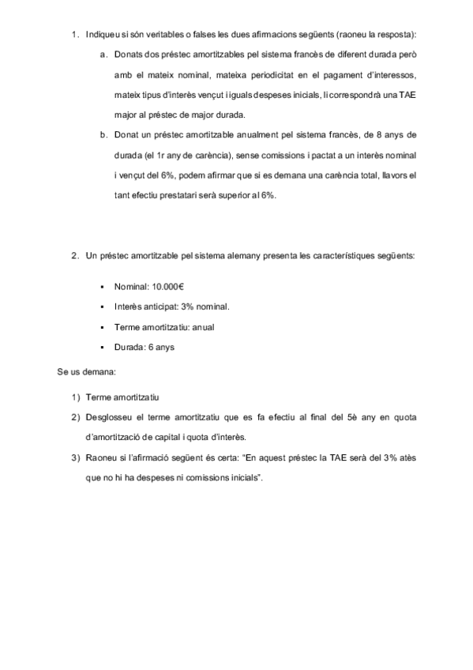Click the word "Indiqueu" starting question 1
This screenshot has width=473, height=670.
(103, 35)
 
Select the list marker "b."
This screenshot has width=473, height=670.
(104, 134)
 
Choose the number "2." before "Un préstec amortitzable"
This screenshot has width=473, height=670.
(75, 255)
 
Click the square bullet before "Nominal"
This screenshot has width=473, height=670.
(103, 285)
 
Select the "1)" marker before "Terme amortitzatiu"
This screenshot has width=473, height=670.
(76, 397)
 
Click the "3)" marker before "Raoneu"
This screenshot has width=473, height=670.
(76, 457)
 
